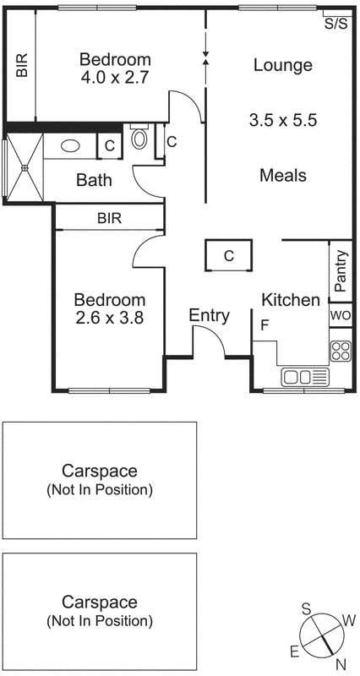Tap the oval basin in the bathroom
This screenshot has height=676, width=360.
(71, 145)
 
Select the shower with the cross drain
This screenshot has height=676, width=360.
(25, 167)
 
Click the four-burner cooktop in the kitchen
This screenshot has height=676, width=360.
(340, 350)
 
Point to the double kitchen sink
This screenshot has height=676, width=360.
(305, 376)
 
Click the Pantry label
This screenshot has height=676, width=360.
(341, 271)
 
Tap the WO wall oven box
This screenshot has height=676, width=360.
(340, 316)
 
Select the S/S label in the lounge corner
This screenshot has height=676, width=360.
(335, 24)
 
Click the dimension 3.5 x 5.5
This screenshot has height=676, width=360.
(282, 120)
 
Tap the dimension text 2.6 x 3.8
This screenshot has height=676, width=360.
(109, 319)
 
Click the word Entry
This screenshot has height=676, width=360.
(209, 315)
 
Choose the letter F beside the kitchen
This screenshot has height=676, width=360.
(265, 324)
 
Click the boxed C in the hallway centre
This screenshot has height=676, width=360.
(228, 255)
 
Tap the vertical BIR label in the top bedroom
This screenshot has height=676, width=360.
(22, 66)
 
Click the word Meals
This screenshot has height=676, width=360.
(282, 176)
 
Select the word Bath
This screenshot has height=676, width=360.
(95, 180)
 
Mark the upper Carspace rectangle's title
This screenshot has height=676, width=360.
(99, 471)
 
